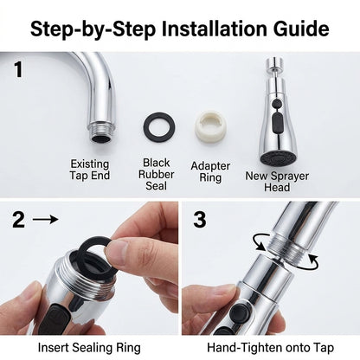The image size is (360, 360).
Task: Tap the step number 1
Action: point(18,69)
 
